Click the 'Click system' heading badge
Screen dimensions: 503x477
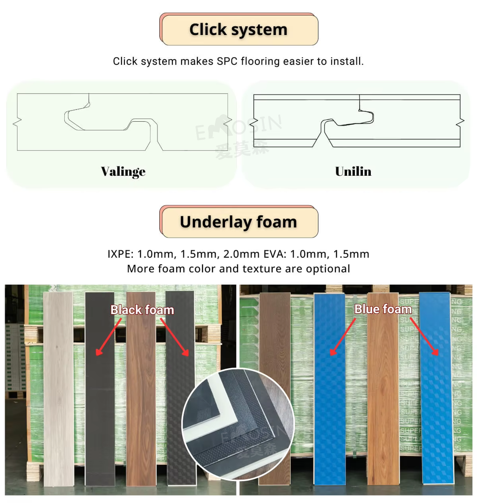[238, 29]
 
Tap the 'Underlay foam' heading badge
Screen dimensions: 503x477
[238, 222]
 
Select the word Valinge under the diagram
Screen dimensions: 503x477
[123, 172]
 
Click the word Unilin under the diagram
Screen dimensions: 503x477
[353, 172]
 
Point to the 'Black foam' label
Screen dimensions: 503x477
[142, 310]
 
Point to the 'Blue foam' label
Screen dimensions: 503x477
[383, 309]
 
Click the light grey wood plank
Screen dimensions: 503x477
[58, 387]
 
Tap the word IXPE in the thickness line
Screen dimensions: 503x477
[121, 255]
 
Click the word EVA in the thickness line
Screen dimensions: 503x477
[278, 255]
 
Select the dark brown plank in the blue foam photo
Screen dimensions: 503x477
[275, 387]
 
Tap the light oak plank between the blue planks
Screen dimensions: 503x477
[383, 387]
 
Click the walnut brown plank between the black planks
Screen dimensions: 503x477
[141, 387]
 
